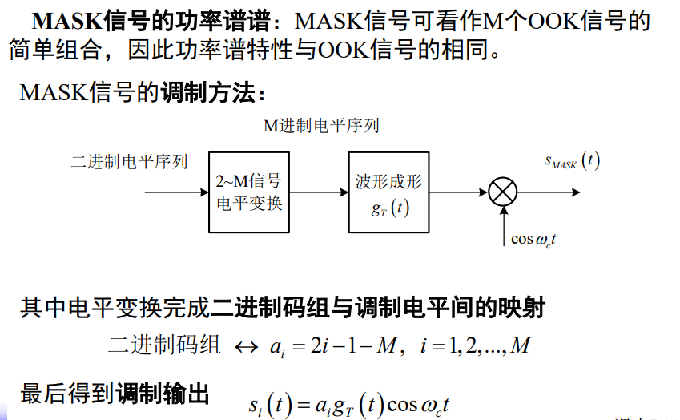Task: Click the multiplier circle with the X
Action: point(502,192)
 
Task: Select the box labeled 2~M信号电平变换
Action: point(250,192)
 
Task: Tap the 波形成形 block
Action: point(388,192)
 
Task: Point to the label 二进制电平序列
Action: point(129,162)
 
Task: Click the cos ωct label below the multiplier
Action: point(535,239)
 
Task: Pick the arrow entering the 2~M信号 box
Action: point(176,192)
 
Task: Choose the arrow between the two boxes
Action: point(320,192)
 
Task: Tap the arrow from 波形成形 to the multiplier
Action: point(458,192)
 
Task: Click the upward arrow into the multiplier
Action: point(502,224)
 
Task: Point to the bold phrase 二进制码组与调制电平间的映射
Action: point(379,308)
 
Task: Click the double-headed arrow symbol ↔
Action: point(244,348)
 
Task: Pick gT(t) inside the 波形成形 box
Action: point(388,209)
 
